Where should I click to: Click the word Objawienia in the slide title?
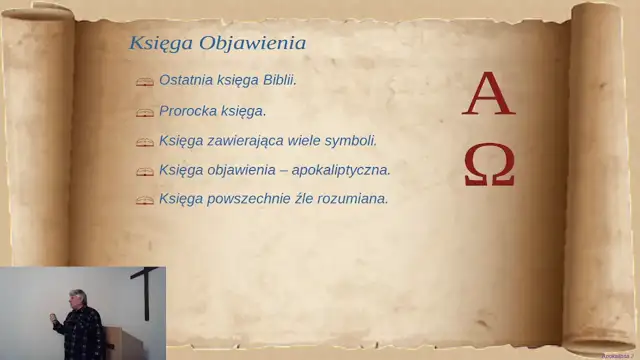point(252,44)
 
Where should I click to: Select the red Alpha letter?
point(490,96)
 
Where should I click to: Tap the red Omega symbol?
point(490,166)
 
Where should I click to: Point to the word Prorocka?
point(189,110)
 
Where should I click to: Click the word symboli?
point(351,140)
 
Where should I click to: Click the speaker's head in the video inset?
point(75,298)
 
